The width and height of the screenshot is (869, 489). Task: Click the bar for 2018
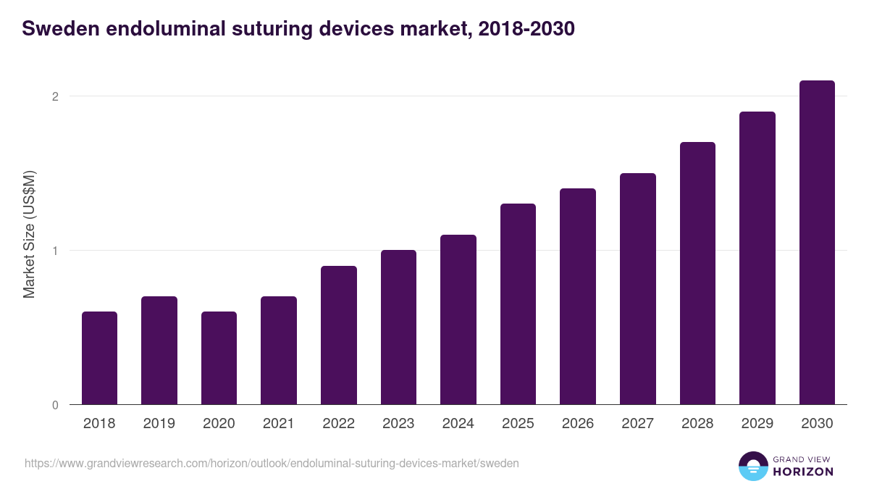coord(99,358)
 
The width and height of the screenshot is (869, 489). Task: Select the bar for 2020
coord(219,358)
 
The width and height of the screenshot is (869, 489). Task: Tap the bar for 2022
coord(338,335)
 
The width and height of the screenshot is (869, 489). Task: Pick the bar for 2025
coord(518,304)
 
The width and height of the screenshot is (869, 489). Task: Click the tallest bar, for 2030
coord(817,243)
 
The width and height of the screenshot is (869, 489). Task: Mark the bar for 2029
coord(757,258)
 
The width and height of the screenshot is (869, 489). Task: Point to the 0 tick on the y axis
coord(55,405)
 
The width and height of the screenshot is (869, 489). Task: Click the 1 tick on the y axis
coord(55,251)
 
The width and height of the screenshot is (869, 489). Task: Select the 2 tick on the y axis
coord(55,96)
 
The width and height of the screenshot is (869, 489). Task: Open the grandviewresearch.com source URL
coord(272,463)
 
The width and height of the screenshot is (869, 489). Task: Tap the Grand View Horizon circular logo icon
coord(752,466)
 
